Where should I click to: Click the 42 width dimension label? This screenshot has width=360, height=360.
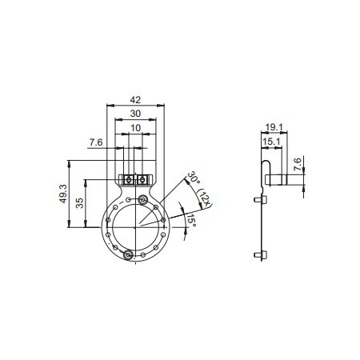point(135,100)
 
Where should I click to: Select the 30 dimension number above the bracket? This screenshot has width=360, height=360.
point(135,114)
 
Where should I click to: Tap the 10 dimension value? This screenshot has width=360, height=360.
point(135,128)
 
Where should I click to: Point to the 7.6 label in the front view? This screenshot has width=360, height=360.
point(95,142)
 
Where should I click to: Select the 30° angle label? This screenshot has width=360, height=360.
point(193,178)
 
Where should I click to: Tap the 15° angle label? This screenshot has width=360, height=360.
point(190,219)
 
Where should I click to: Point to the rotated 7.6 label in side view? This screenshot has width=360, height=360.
point(297,166)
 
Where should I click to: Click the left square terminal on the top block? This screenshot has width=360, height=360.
point(128,178)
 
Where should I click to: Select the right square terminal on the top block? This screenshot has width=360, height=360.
point(142,178)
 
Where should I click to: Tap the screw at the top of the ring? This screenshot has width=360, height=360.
point(142,199)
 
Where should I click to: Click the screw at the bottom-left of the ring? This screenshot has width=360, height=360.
point(128,255)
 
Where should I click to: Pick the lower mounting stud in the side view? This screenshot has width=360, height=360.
point(257,255)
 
